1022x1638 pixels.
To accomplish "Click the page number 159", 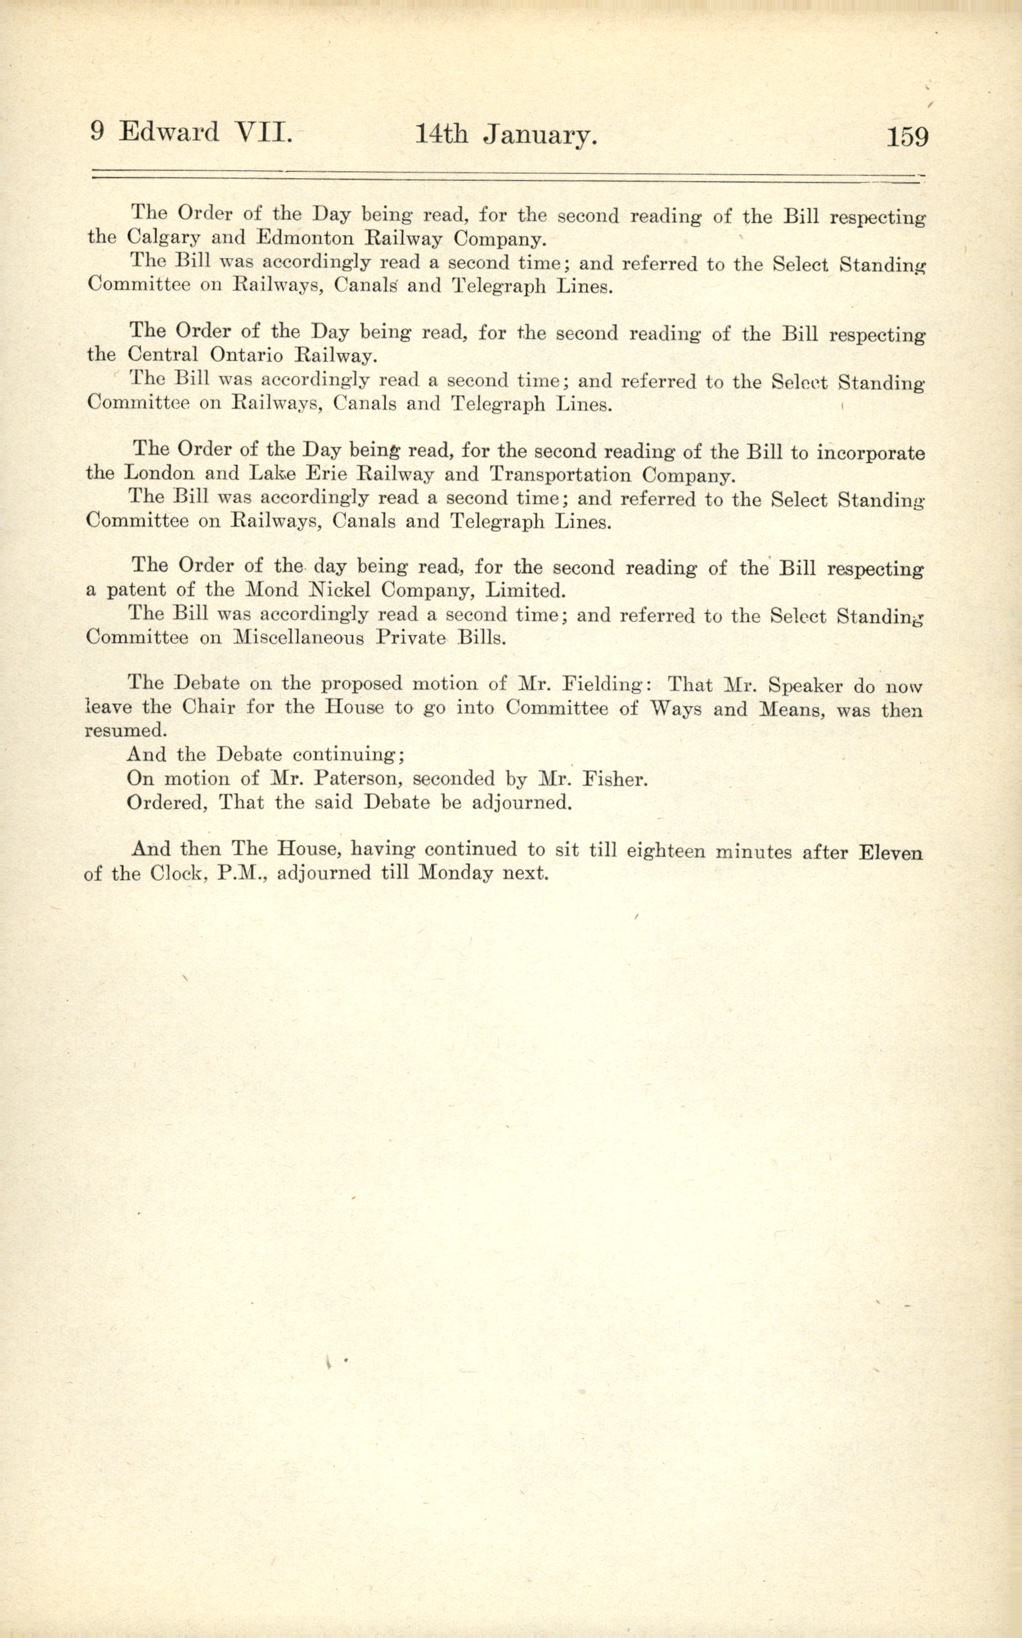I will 907,137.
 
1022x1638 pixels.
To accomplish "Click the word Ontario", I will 246,355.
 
